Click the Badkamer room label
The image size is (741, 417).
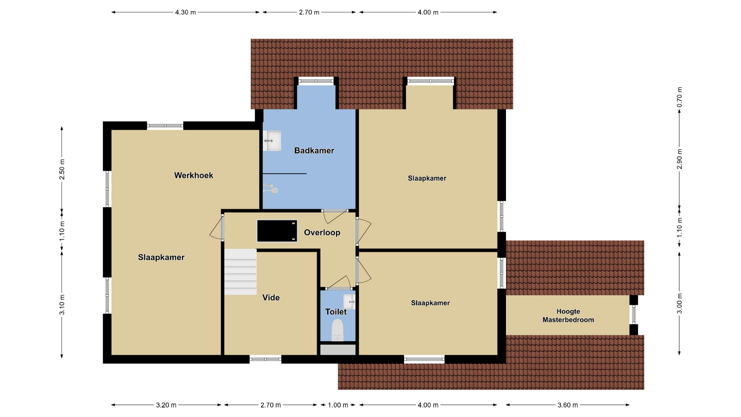point(314,151)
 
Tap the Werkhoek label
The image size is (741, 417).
point(194,175)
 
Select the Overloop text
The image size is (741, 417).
point(322,232)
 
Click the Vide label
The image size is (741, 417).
point(271,297)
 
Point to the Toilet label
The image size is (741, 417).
point(336,312)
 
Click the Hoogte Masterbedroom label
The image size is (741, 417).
point(568,315)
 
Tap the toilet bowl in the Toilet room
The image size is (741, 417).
point(337,330)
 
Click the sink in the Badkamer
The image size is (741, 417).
point(272,141)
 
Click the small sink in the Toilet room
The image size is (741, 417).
point(350,302)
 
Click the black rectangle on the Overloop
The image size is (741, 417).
point(277,231)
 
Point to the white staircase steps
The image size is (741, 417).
point(240,272)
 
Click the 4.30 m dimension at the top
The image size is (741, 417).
point(186,12)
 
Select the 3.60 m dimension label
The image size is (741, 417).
point(568,405)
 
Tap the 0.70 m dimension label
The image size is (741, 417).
point(680,97)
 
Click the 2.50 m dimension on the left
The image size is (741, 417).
point(62,170)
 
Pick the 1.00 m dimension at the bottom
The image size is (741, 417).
point(338,405)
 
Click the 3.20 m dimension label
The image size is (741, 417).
point(166,405)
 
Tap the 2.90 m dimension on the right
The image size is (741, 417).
point(680,159)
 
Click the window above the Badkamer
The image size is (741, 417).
point(316,81)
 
